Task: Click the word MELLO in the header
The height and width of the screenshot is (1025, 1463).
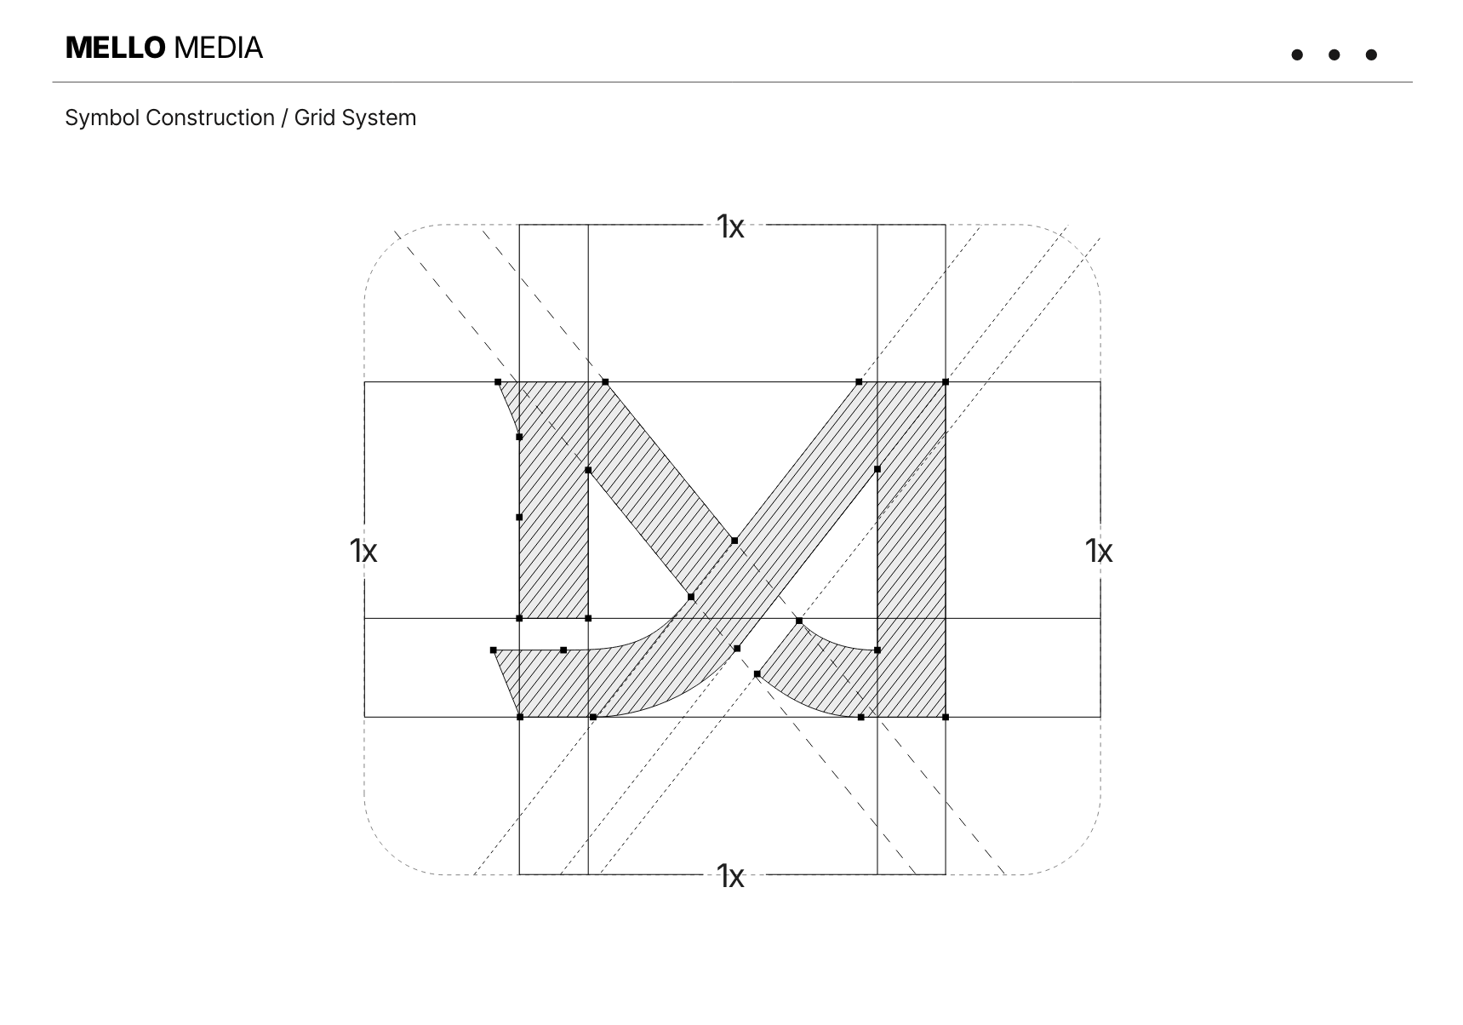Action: coord(115,48)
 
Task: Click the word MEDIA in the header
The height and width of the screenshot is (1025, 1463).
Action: coord(218,48)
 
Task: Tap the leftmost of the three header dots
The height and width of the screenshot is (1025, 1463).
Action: coord(1297,55)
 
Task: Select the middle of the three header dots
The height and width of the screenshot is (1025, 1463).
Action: coord(1334,55)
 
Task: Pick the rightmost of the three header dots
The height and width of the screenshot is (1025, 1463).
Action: coord(1370,55)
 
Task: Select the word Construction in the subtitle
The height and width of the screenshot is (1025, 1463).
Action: coord(210,117)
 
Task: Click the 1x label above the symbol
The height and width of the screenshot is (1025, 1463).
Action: coord(730,226)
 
